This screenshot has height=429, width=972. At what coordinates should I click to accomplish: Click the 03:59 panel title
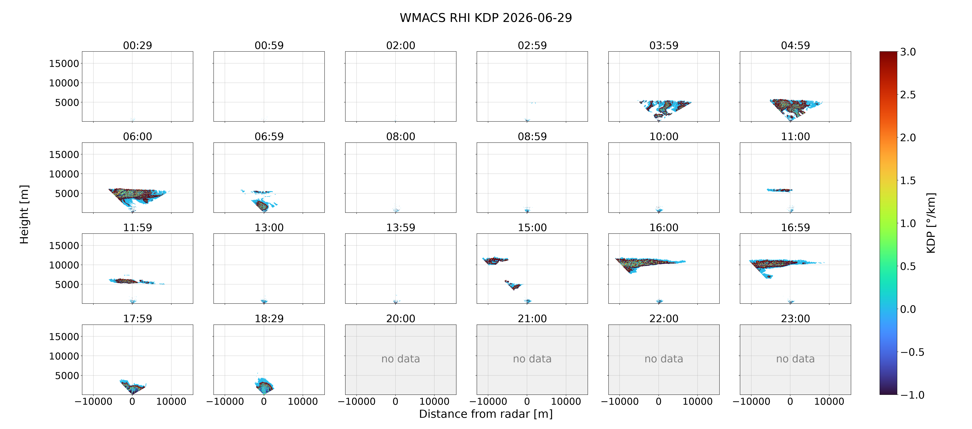pos(664,45)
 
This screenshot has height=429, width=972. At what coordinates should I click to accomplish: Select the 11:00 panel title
pos(795,136)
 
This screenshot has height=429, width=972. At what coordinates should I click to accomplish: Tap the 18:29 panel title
pos(269,318)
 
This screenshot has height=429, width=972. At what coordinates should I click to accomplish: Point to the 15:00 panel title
pos(532,227)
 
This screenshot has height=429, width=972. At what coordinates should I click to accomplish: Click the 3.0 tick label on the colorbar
pos(908,52)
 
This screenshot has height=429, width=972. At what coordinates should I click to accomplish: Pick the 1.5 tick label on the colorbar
pos(908,181)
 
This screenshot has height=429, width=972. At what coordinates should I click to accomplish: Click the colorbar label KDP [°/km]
pos(931,223)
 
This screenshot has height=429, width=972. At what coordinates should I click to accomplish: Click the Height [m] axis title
pos(24,214)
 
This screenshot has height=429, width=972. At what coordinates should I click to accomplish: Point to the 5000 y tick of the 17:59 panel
pos(67,375)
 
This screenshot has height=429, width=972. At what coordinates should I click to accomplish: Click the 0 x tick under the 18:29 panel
pos(264,401)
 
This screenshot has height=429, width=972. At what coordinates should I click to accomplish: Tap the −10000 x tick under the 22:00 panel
pos(620,401)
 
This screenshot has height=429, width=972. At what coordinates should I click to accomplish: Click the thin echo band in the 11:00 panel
pos(780,190)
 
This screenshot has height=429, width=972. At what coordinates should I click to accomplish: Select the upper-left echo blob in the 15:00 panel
pos(495,261)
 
